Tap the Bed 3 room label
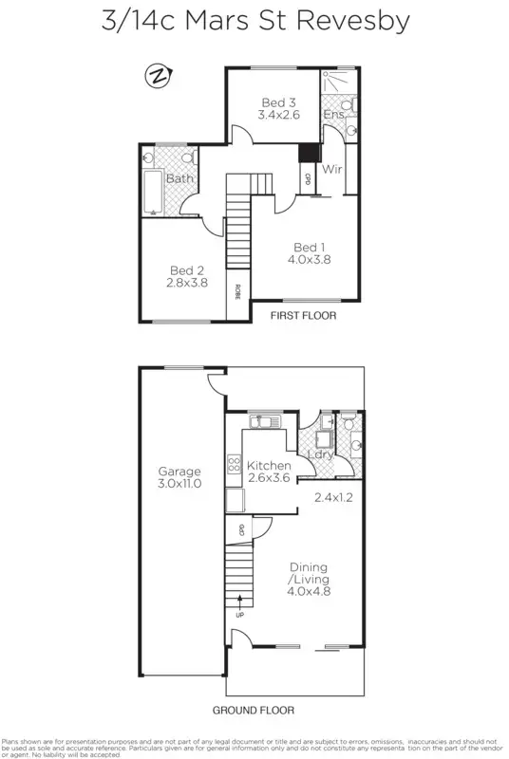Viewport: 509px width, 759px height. coord(278,102)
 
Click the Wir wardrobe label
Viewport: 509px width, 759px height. coord(332,171)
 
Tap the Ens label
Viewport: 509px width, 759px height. coord(333,115)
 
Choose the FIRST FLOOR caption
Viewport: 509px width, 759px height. coord(304,316)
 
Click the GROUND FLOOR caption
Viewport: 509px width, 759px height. coord(254,710)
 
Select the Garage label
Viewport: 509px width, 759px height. coord(180,472)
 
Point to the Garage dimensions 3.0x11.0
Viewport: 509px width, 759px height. coord(180,485)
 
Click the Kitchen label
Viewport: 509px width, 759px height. coord(269,466)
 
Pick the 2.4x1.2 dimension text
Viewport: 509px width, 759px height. coord(334,494)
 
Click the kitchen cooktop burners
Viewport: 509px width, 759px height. coord(232,465)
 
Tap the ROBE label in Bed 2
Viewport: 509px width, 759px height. coord(236,291)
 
